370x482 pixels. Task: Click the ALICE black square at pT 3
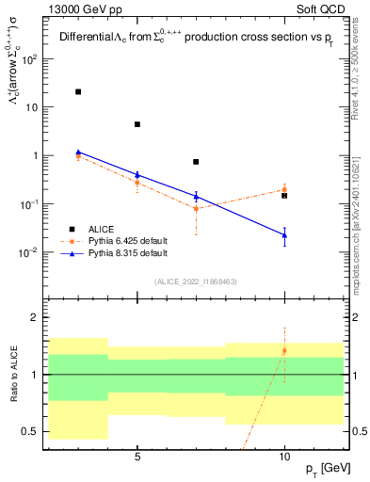point(78,91)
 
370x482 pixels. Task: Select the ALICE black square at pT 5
point(137,124)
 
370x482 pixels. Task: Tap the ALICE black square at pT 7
point(196,162)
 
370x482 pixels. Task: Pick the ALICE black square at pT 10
point(284,196)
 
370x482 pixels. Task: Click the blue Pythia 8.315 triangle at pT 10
point(284,234)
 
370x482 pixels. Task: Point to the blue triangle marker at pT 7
point(196,197)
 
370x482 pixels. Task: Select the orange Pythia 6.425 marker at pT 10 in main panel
point(284,189)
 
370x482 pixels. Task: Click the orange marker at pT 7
point(196,208)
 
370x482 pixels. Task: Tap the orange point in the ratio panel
point(284,351)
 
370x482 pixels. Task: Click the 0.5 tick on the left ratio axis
point(35,432)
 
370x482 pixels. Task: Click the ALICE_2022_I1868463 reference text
point(196,281)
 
